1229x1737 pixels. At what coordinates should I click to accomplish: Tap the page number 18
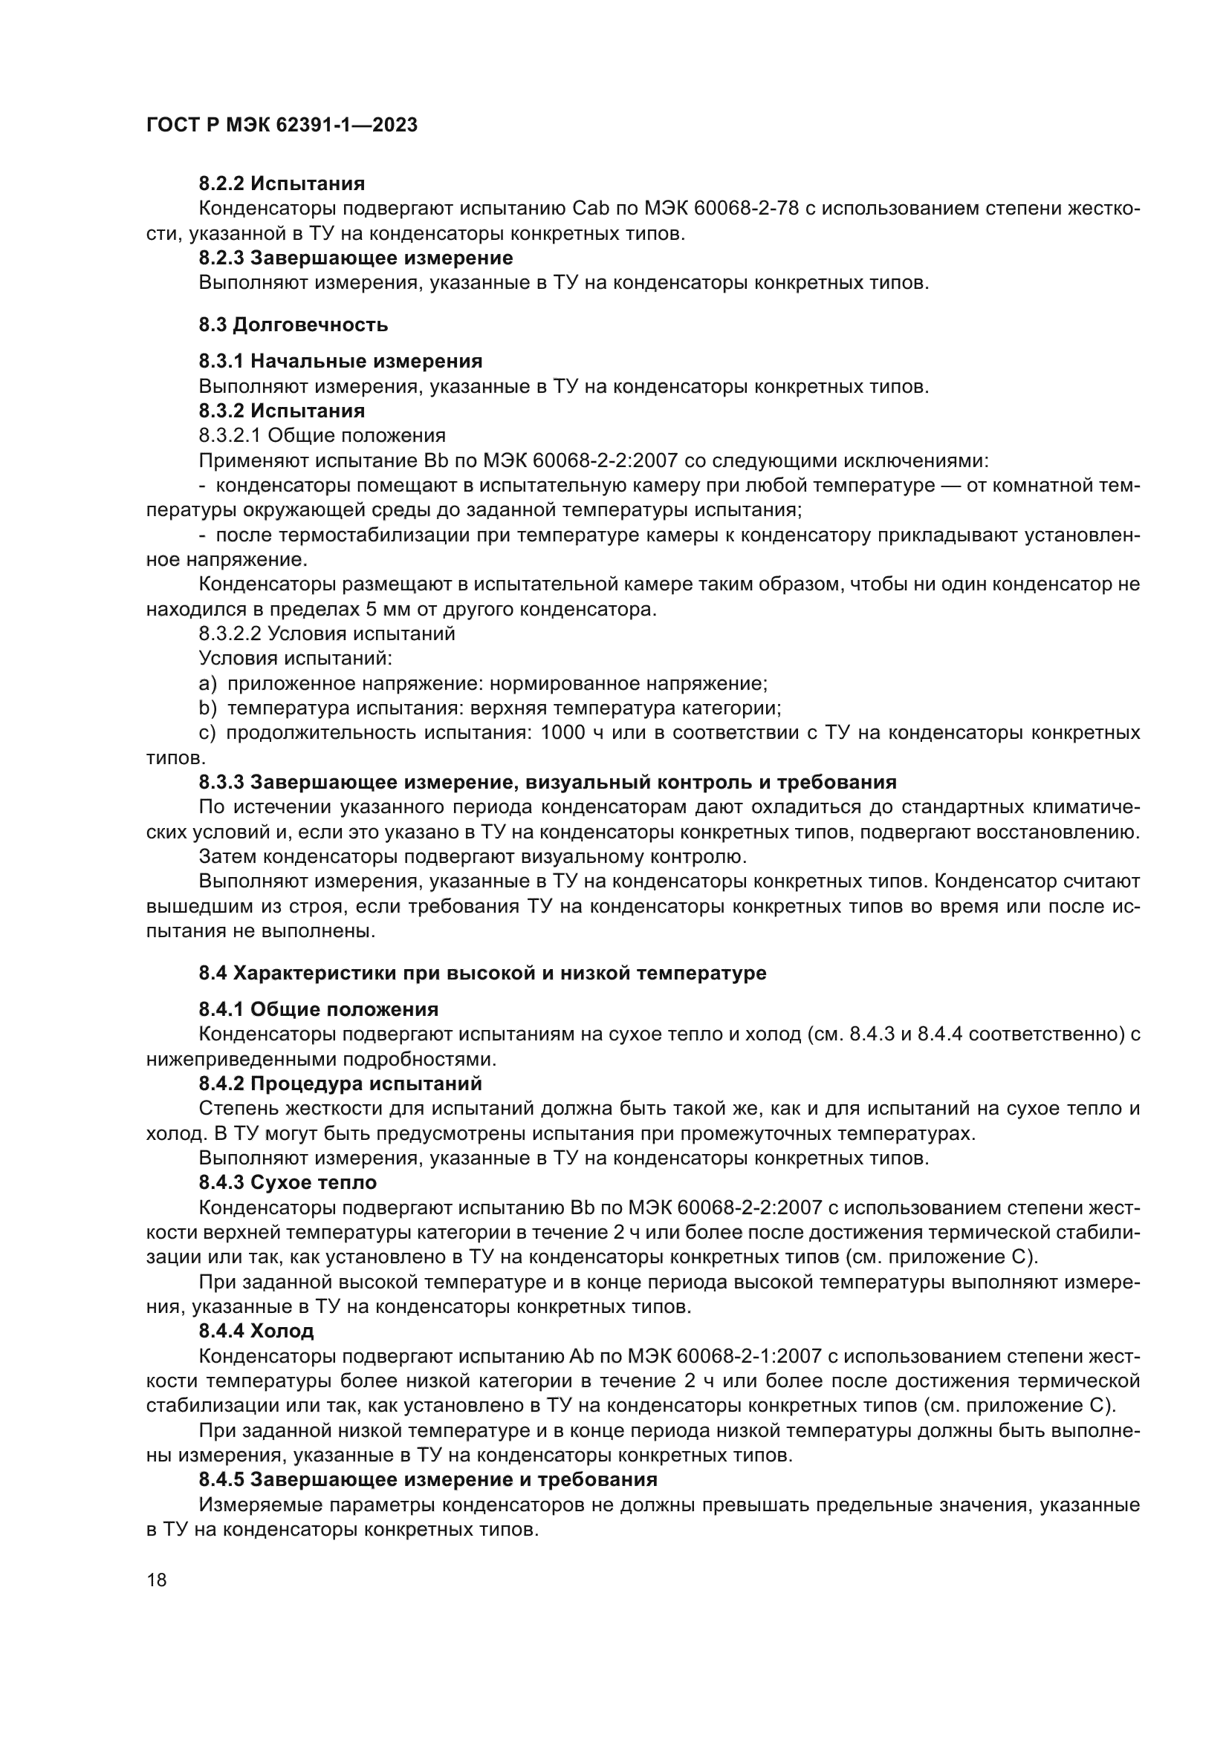click(157, 1580)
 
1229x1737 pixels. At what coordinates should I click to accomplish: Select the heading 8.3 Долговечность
click(293, 325)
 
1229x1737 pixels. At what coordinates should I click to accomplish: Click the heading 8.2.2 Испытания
click(282, 183)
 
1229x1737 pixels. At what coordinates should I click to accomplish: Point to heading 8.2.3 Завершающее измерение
click(356, 258)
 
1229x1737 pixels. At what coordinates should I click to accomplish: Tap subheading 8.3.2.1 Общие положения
click(322, 435)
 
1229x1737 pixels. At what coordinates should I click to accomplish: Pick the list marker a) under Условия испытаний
click(207, 684)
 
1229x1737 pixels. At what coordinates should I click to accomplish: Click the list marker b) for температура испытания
click(207, 708)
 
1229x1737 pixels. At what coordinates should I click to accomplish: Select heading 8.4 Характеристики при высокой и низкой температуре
click(482, 973)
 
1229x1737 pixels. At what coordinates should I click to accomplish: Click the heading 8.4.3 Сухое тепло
click(288, 1182)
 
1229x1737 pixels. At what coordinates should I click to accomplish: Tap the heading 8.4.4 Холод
click(256, 1330)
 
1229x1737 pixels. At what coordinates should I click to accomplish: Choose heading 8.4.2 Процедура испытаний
click(340, 1083)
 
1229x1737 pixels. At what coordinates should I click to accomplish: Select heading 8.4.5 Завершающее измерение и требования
click(427, 1479)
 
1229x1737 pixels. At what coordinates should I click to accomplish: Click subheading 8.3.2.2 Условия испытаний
click(327, 633)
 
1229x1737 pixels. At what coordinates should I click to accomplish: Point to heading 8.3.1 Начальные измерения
click(340, 361)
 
